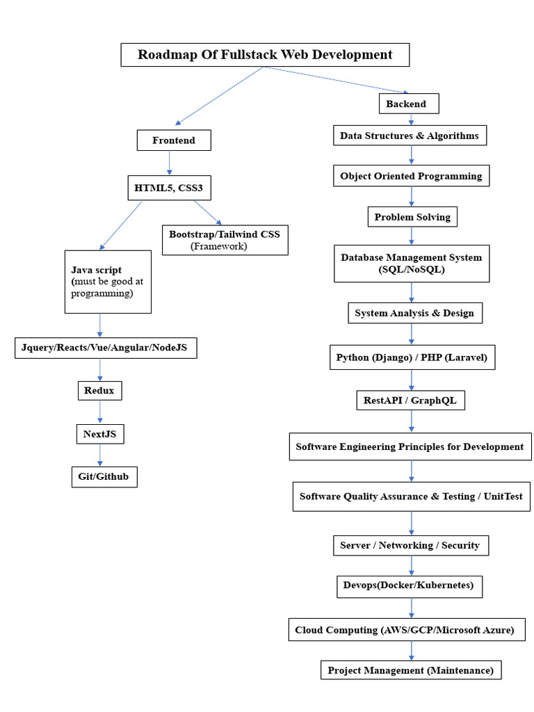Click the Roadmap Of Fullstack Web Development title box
pos(265,55)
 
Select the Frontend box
pos(174,140)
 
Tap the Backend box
pos(411,104)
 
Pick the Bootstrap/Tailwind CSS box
pos(225,240)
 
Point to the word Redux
pos(99,391)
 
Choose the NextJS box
pos(100,435)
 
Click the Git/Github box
pos(104,477)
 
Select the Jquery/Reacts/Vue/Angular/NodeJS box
pos(106,348)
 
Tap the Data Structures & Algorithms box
pos(410,136)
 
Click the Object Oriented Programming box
pos(411,176)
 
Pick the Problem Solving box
pos(412,217)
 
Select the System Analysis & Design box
pos(414,313)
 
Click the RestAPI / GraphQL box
pos(410,400)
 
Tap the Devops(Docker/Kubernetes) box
pos(408,585)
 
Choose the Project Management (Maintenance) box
pos(410,670)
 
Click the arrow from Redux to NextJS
pos(100,412)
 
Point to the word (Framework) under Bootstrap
pos(218,246)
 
